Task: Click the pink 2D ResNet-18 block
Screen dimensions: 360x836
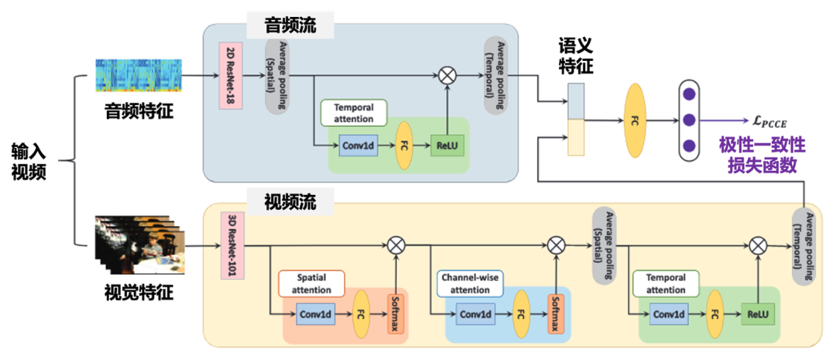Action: coord(230,76)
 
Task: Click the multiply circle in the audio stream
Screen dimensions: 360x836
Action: coord(447,76)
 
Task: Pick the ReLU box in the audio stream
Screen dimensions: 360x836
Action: coord(446,145)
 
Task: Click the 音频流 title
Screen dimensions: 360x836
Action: coord(290,24)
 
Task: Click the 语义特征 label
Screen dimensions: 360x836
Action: coord(574,56)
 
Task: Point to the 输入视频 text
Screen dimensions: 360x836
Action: coord(29,161)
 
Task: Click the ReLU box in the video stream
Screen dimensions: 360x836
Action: coord(755,314)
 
